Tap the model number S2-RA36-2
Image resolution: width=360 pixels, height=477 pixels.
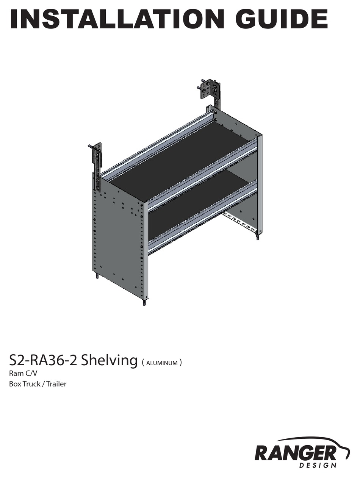coord(44,360)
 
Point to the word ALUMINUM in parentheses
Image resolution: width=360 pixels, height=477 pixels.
coord(162,363)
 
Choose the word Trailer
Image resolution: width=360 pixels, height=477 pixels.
coord(56,384)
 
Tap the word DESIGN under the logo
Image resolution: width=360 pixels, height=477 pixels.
coord(318,465)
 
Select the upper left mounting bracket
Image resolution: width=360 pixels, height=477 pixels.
coord(97,159)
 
